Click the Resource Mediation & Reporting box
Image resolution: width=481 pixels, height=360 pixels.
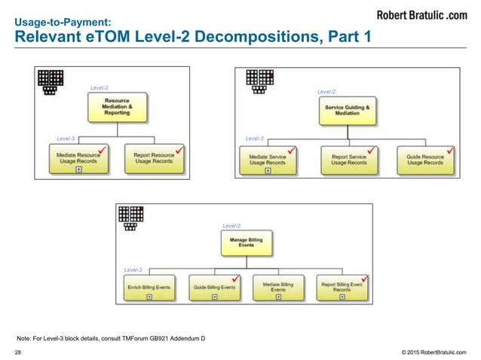point(117,108)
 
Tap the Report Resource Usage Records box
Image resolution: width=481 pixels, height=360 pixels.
point(153,159)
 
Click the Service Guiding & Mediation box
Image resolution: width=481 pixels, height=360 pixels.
point(348,110)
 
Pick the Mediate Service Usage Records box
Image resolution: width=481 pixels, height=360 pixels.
point(268,159)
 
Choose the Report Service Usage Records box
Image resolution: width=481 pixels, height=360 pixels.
point(349,159)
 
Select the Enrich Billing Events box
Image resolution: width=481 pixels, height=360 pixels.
point(149,287)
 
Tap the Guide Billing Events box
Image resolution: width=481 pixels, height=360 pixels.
point(214,287)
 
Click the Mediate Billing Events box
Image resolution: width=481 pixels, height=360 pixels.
point(278,287)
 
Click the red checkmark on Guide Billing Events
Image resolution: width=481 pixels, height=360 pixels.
point(235,278)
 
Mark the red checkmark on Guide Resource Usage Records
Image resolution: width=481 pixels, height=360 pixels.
point(449,151)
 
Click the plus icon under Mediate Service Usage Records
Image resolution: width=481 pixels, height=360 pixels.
point(268,171)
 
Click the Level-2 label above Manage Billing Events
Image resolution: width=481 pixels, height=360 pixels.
point(231,225)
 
